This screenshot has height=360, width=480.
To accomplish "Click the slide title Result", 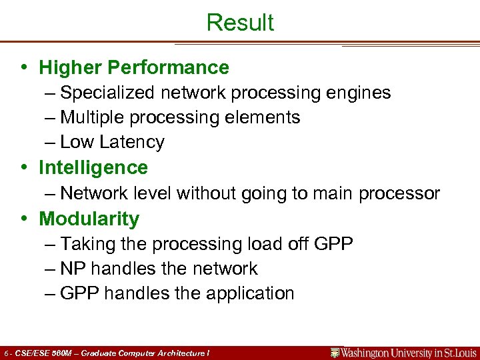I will [x=240, y=22].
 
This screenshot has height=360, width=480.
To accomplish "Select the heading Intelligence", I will [x=93, y=167].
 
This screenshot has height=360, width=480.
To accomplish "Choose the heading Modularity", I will [x=89, y=219].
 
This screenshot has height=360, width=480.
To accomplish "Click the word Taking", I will [x=89, y=244].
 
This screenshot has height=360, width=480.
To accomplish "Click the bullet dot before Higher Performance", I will [x=23, y=68].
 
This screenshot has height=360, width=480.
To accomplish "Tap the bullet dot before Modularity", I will [x=23, y=219].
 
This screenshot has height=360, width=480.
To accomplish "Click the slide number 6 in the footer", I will [x=5, y=353].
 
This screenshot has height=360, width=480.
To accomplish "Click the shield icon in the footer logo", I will [x=335, y=353].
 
